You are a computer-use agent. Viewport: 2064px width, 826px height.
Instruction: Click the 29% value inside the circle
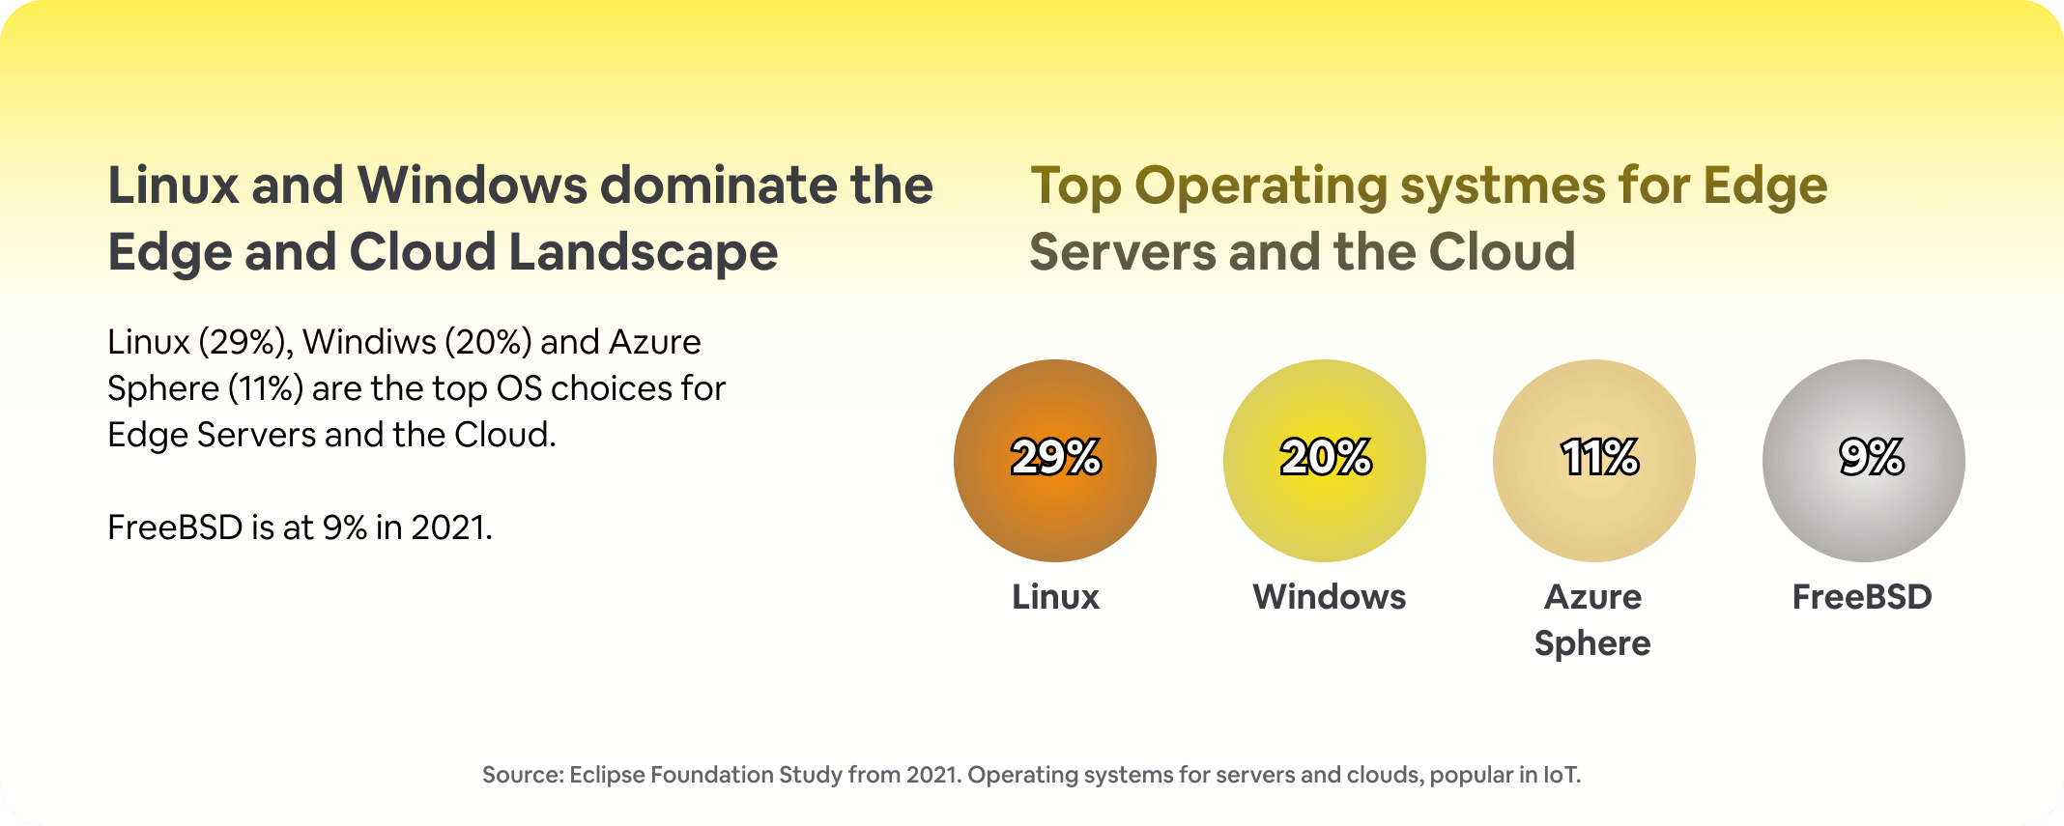click(x=1055, y=457)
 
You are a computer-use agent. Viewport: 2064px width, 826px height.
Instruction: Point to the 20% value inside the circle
click(x=1325, y=457)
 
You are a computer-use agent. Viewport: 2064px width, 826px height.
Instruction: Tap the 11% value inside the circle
click(x=1599, y=457)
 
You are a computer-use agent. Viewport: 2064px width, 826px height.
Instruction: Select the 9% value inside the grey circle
click(x=1871, y=457)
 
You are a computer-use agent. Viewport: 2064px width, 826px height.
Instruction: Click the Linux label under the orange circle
click(x=1055, y=597)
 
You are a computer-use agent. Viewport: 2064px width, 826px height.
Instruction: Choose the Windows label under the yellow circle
click(x=1329, y=597)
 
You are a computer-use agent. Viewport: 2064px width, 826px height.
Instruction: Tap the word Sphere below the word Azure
click(x=1592, y=643)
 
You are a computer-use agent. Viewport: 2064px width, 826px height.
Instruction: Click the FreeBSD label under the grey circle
click(x=1862, y=597)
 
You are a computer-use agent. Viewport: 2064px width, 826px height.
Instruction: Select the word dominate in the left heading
click(x=718, y=185)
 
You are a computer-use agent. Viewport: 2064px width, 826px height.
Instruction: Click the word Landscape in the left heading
click(x=643, y=252)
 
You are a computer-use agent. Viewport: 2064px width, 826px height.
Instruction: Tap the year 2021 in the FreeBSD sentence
click(x=450, y=527)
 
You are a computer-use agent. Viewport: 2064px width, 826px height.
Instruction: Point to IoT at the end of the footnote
click(x=1562, y=775)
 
